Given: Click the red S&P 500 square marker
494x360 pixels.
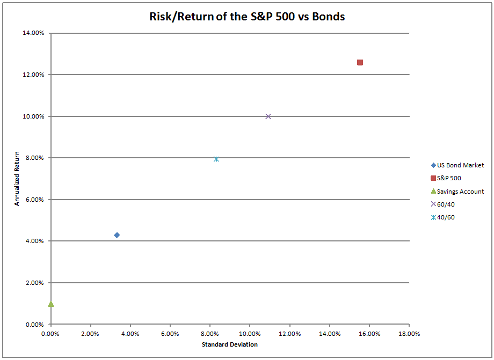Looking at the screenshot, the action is click(360, 62).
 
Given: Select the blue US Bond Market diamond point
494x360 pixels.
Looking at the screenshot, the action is click(117, 235).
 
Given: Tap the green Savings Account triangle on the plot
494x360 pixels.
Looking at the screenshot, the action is click(50, 304).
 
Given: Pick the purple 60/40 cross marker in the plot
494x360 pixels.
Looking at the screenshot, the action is click(268, 116).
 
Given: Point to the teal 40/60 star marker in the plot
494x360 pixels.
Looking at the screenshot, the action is click(216, 159).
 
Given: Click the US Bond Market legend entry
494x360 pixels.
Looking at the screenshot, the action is click(457, 165).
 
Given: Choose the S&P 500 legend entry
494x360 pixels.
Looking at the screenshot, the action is click(446, 178).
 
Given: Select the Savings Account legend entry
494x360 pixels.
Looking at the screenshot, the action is click(457, 192).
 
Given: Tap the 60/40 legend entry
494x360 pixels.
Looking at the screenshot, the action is click(442, 204).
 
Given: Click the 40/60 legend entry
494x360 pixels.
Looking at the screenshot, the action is click(442, 217).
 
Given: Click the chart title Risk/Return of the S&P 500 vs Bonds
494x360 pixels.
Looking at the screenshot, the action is click(247, 16).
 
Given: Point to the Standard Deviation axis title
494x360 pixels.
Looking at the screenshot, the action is click(230, 344).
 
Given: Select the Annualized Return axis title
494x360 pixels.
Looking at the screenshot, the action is click(17, 179).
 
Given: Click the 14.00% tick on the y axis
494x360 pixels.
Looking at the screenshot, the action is click(33, 33).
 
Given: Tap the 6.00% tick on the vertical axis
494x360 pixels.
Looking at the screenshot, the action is click(35, 200).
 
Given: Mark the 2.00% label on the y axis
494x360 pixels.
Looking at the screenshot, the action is click(35, 283).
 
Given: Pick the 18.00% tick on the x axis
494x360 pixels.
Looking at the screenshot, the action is click(409, 334).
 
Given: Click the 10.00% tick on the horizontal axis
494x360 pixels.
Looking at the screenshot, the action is click(250, 334).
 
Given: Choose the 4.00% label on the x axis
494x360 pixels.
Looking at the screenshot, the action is click(130, 334).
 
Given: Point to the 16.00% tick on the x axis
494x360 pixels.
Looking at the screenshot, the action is click(369, 334).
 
